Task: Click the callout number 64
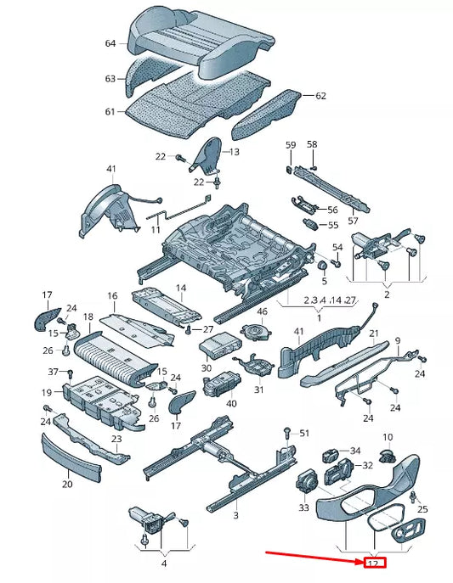click(x=110, y=43)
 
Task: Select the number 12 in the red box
click(x=373, y=563)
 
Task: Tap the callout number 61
click(x=110, y=111)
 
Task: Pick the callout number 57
click(x=330, y=221)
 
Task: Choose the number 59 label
click(x=290, y=145)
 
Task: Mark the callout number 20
click(x=67, y=485)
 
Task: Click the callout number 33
click(x=303, y=507)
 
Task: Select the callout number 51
click(x=305, y=433)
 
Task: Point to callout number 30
click(x=207, y=368)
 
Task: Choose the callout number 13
click(x=235, y=152)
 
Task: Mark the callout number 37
click(x=53, y=372)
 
